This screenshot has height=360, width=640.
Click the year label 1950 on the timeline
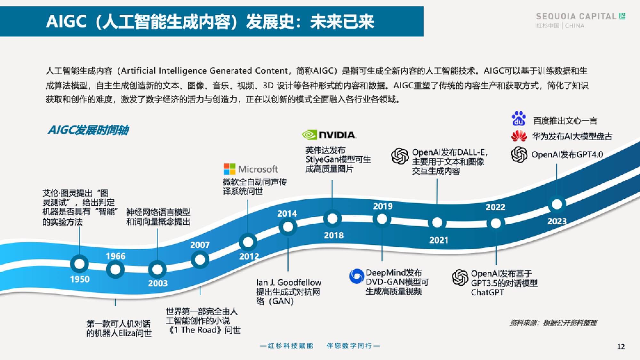pos(80,279)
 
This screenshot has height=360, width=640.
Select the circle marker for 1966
pos(115,269)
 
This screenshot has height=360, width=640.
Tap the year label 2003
pos(157,283)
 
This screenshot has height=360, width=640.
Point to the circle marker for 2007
pos(200,260)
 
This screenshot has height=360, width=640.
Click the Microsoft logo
pos(251,169)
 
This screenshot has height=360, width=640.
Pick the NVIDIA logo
pos(329,135)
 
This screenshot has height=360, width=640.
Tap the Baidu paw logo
pos(518,119)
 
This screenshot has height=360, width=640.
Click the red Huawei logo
pos(519,136)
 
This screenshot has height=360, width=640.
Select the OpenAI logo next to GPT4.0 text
pos(519,155)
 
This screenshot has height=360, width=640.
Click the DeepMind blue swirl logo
pos(356,276)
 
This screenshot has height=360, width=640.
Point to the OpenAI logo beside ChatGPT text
pos(460,277)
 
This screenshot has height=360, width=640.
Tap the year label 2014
pos(287,213)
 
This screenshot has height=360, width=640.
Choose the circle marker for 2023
pos(557,204)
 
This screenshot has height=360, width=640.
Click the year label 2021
pos(438,240)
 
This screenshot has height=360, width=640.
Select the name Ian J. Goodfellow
pos(289,283)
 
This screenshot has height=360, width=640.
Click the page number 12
pos(621,347)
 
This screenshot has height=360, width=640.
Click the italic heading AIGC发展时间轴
pos(88,130)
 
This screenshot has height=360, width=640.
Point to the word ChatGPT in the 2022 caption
pos(487,292)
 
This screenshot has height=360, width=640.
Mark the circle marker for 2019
pos(382,219)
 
